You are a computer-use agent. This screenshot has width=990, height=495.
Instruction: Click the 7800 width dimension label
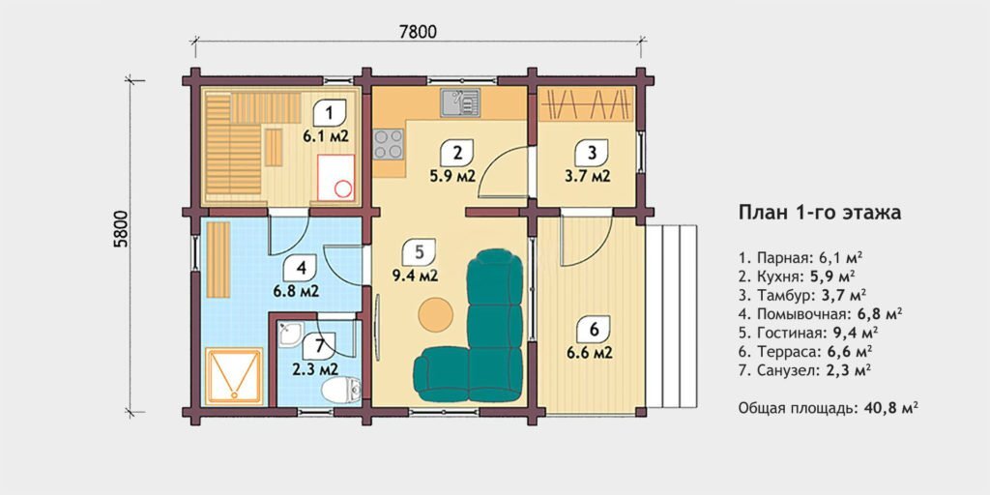pos(418,31)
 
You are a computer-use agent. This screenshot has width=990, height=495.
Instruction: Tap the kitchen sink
pos(460,102)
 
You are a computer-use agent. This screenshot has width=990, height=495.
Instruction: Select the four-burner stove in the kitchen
pos(389,143)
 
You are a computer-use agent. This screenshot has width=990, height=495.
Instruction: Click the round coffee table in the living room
pos(436,314)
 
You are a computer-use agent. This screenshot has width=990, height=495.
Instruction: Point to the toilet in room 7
pos(341,390)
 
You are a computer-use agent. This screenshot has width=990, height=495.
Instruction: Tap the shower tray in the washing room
pos(234,376)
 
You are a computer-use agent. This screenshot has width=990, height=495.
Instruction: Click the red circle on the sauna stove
pos(343,189)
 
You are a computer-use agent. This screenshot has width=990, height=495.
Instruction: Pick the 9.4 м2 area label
pos(415,275)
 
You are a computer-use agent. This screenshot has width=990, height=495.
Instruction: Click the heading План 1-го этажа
pos(820,213)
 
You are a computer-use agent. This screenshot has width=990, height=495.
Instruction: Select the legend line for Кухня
pos(797,276)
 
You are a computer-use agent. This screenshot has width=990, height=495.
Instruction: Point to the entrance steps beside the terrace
pos(672,317)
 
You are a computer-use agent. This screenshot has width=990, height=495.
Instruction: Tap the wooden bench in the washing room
pos(218,259)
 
